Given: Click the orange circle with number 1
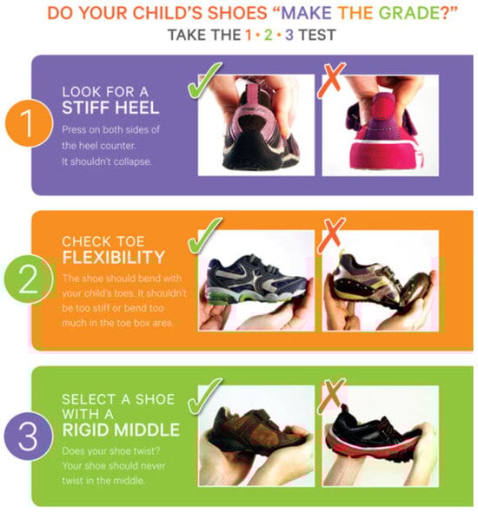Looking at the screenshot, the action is (x=29, y=123).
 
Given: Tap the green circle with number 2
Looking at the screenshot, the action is (x=29, y=279).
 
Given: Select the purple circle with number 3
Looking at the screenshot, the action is (x=29, y=436).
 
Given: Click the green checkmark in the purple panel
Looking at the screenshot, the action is (x=204, y=80).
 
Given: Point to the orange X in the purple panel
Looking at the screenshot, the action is (x=331, y=80).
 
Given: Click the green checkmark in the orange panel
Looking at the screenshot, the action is (x=204, y=235).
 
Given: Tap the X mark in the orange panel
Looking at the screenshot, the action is (x=331, y=235).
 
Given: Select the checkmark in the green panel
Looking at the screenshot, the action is (x=204, y=396).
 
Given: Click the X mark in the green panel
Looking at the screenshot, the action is (x=331, y=396).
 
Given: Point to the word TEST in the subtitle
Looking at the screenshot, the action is (x=317, y=35).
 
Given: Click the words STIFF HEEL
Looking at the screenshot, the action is (x=110, y=108).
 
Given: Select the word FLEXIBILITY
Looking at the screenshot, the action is (x=114, y=258).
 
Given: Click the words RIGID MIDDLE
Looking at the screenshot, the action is (x=121, y=430).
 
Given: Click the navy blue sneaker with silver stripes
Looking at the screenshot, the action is (x=257, y=279).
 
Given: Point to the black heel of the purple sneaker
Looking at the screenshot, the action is (x=254, y=152).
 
